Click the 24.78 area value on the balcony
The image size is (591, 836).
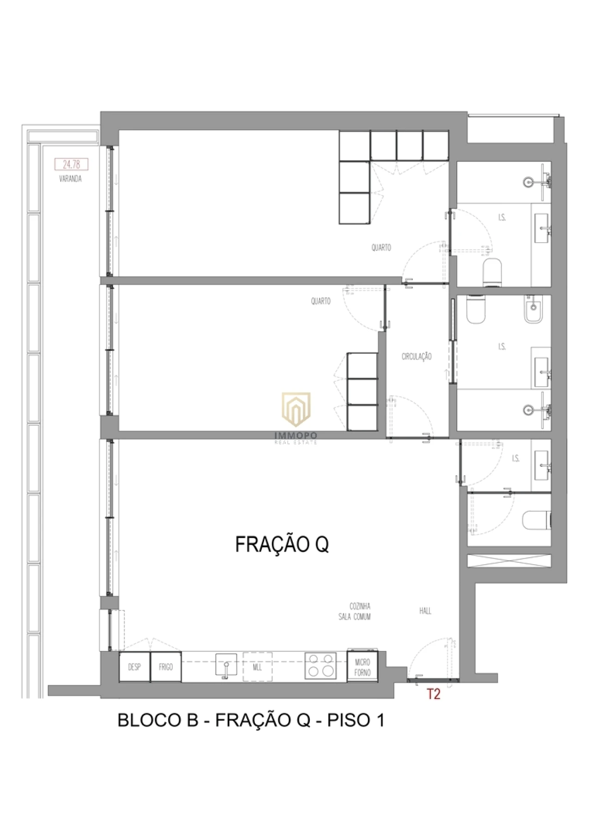point(71,164)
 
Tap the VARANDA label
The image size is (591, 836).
point(71,179)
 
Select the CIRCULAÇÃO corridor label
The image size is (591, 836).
point(416,356)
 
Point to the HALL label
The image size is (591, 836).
point(425,611)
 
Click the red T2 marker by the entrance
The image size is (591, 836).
point(434,694)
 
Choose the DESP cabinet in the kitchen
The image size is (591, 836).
point(134,667)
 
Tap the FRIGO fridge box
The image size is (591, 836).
point(166,667)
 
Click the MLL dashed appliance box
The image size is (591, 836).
point(258,667)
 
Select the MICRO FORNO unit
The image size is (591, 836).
point(362,667)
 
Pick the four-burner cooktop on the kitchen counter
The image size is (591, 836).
point(320,666)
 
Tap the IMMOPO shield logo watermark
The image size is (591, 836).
point(296,409)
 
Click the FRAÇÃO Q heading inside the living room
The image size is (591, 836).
point(282,544)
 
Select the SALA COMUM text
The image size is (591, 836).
point(355,617)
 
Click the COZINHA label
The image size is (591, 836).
point(360,606)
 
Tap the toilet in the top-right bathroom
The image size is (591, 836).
point(492,272)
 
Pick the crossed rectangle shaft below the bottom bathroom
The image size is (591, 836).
point(509,561)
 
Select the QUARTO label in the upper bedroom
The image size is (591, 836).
point(381,248)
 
